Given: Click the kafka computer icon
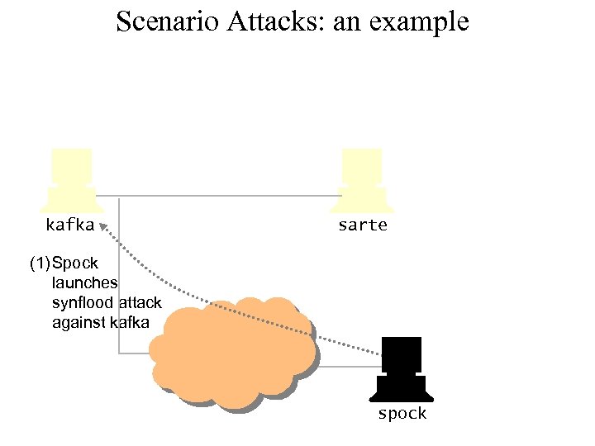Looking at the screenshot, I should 71,179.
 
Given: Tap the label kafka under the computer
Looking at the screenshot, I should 70,224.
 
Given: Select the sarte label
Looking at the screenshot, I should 362,225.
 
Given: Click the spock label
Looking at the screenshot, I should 402,413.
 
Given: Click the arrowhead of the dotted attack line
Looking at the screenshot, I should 102,225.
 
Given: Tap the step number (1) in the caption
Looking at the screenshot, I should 39,263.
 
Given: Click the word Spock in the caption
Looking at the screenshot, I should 75,263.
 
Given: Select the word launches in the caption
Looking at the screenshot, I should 85,283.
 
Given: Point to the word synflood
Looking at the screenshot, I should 82,303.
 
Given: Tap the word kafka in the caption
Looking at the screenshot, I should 130,323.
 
